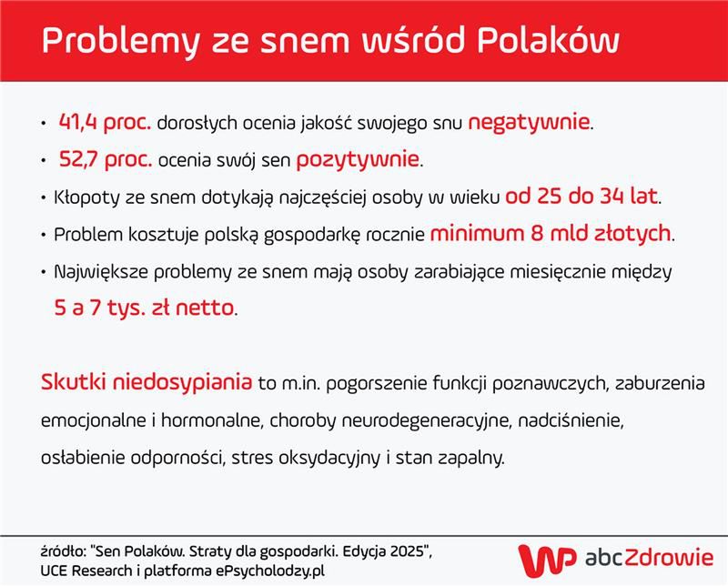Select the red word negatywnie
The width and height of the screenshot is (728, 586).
click(530, 122)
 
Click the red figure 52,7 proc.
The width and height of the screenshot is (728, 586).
click(106, 160)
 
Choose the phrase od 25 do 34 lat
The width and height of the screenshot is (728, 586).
click(583, 197)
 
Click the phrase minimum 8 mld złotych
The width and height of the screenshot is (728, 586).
click(551, 234)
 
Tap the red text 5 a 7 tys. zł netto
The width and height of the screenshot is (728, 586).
click(144, 308)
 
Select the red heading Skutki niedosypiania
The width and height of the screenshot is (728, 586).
click(147, 382)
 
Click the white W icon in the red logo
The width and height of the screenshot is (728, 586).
click(539, 557)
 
